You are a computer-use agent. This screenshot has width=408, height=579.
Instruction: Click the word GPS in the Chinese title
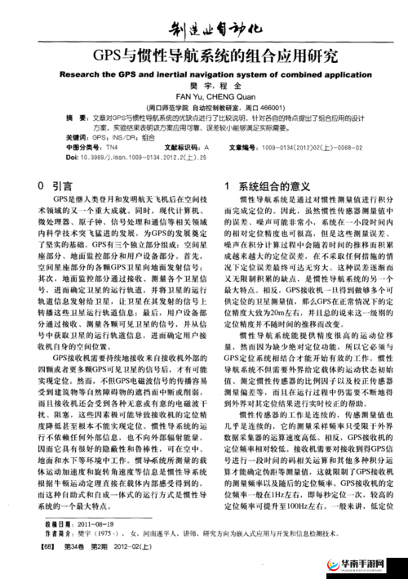pos(104,57)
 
